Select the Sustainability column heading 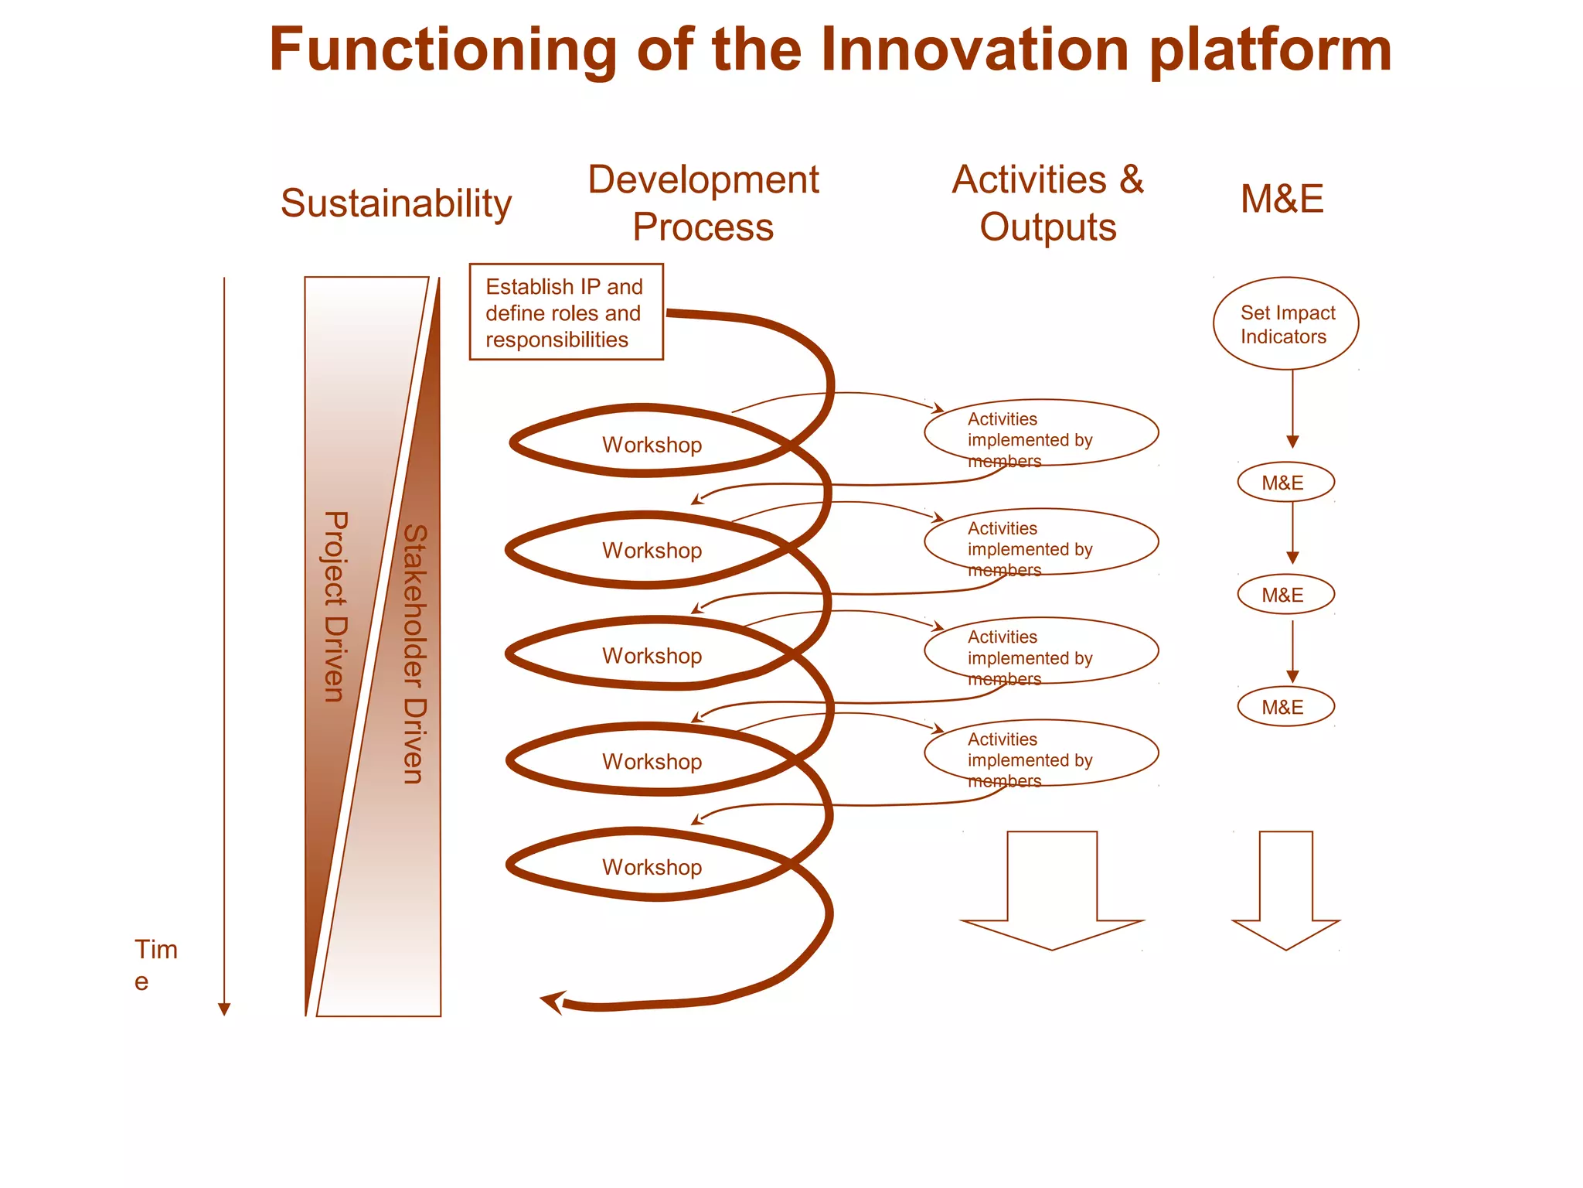point(396,203)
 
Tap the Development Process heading point(703,203)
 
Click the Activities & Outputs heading point(1047,203)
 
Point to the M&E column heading point(1282,199)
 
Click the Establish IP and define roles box point(566,312)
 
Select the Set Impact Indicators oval point(1285,323)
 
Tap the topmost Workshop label point(652,445)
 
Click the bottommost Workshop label point(652,867)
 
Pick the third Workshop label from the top point(652,656)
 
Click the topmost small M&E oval point(1285,483)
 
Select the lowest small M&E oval point(1285,707)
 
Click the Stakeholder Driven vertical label point(415,654)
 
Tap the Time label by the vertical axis point(155,964)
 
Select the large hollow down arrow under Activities point(1052,889)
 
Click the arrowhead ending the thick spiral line point(552,1002)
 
